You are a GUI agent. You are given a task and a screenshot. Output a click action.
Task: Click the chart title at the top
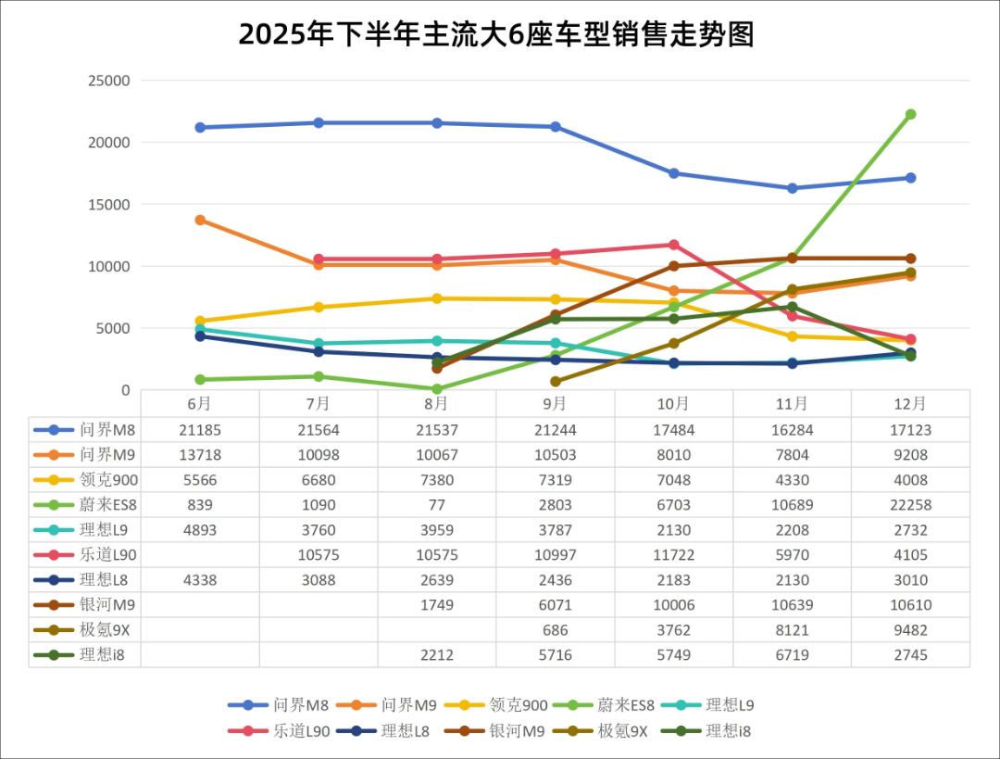coord(496,34)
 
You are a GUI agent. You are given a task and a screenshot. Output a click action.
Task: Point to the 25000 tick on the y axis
coord(108,81)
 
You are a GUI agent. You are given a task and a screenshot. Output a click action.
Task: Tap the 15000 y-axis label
coord(108,204)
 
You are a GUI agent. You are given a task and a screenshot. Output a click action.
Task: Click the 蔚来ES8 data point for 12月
coord(910,115)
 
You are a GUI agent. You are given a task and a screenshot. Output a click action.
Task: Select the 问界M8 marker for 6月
coord(200,127)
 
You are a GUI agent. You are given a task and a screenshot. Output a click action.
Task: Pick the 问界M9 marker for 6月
coord(200,220)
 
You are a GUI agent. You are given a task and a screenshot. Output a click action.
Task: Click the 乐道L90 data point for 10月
coord(674,245)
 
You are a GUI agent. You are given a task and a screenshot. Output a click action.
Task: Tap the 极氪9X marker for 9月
coord(556,381)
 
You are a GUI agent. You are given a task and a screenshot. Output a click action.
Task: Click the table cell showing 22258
coord(910,505)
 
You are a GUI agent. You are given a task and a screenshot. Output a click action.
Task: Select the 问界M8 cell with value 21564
coord(318,430)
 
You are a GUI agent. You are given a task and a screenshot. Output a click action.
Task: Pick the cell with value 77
coord(436,505)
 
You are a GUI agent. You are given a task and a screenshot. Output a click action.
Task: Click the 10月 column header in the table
coord(673,404)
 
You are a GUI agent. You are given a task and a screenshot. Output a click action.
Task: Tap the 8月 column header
coord(436,404)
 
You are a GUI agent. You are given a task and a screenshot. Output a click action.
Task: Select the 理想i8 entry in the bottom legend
coord(728,731)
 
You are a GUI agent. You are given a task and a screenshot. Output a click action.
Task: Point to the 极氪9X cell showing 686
coord(555,630)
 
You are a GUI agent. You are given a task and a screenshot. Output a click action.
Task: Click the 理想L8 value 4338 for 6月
coord(199,580)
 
